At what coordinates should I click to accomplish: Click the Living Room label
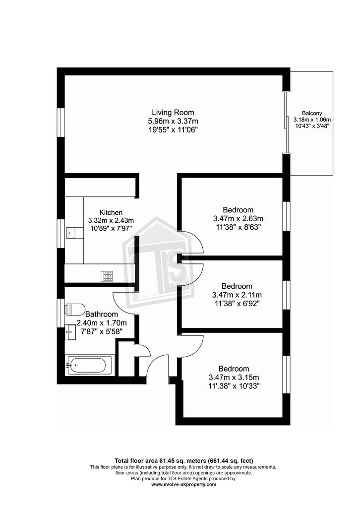click(x=173, y=113)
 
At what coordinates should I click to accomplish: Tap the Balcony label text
click(x=312, y=114)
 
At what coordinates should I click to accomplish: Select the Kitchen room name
click(x=111, y=212)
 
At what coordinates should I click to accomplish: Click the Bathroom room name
click(x=101, y=314)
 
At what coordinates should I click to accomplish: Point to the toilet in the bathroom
click(x=75, y=309)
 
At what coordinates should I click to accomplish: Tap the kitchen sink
click(x=71, y=233)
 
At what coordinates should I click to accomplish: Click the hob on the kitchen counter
click(x=108, y=276)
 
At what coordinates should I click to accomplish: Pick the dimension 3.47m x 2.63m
click(x=238, y=218)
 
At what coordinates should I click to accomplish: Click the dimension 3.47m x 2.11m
click(x=237, y=295)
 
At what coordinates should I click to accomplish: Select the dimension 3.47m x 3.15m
click(x=234, y=378)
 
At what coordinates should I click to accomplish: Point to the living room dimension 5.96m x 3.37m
click(x=173, y=121)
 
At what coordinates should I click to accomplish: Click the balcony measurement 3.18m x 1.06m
click(x=312, y=120)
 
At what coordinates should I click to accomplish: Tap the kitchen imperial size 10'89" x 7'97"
click(x=111, y=228)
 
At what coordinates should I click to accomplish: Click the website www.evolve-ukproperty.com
click(x=183, y=485)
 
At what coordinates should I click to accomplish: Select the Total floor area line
click(x=184, y=461)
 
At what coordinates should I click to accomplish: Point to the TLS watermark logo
click(x=159, y=262)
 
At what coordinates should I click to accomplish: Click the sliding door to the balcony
click(x=287, y=123)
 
